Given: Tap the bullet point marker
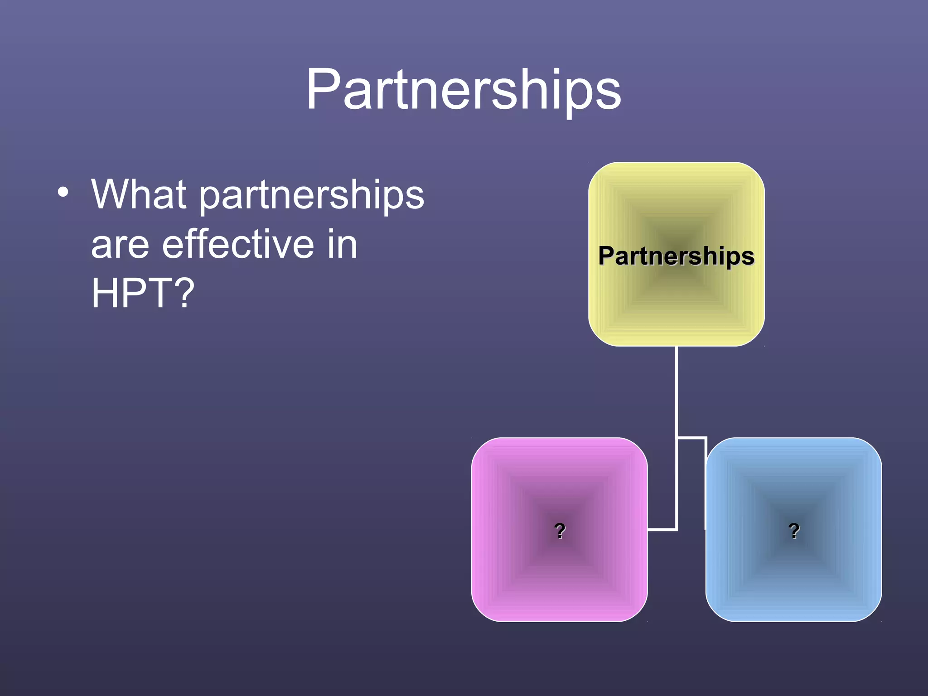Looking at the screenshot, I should tap(63, 192).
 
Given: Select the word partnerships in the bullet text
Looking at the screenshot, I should tap(312, 196).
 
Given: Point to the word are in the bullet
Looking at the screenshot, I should tap(120, 245).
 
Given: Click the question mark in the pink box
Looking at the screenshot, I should tap(560, 530).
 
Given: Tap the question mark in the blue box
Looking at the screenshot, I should tap(794, 530).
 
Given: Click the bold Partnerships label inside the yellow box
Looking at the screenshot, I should tap(676, 256).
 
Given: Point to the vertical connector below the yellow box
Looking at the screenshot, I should tap(677, 390).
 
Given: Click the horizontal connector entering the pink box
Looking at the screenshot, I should tap(662, 529).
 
